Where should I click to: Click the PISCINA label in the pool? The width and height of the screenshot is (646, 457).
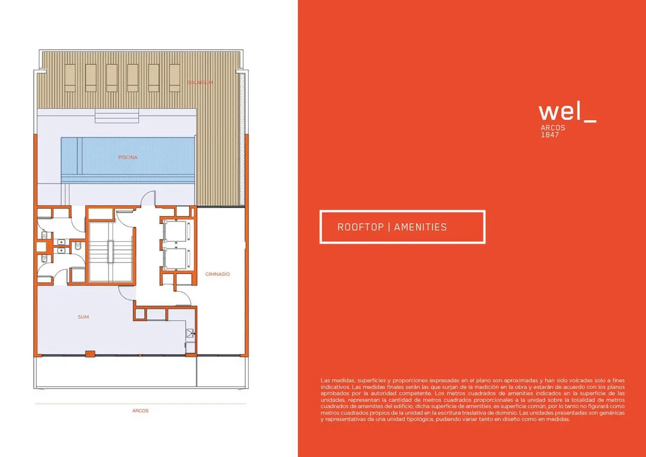pyautogui.click(x=128, y=157)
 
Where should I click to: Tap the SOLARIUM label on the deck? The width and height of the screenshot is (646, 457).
pyautogui.click(x=200, y=82)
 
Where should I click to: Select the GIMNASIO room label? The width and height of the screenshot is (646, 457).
pyautogui.click(x=218, y=274)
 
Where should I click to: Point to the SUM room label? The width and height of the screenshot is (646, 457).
pyautogui.click(x=83, y=317)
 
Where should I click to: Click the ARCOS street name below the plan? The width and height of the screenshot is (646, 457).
pyautogui.click(x=140, y=411)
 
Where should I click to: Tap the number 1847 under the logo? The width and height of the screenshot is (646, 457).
pyautogui.click(x=550, y=135)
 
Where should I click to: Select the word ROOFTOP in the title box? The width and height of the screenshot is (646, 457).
pyautogui.click(x=360, y=227)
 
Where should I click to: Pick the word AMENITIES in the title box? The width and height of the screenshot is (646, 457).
pyautogui.click(x=420, y=227)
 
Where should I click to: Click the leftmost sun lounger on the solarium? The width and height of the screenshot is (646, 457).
pyautogui.click(x=70, y=78)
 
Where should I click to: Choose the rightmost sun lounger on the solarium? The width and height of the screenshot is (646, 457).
pyautogui.click(x=175, y=78)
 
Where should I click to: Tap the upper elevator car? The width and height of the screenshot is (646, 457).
pyautogui.click(x=176, y=231)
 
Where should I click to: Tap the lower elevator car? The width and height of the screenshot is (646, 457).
pyautogui.click(x=176, y=259)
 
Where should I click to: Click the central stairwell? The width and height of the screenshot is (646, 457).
pyautogui.click(x=111, y=251)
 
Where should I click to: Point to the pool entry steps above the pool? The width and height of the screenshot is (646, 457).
pyautogui.click(x=117, y=116)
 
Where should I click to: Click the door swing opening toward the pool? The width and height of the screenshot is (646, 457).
pyautogui.click(x=148, y=198)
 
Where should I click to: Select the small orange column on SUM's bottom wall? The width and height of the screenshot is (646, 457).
pyautogui.click(x=90, y=353)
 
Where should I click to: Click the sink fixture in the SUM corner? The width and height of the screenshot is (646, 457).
pyautogui.click(x=190, y=333)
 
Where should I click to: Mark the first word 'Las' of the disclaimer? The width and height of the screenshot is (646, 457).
pyautogui.click(x=326, y=380)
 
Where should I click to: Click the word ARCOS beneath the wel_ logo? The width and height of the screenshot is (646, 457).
pyautogui.click(x=553, y=128)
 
